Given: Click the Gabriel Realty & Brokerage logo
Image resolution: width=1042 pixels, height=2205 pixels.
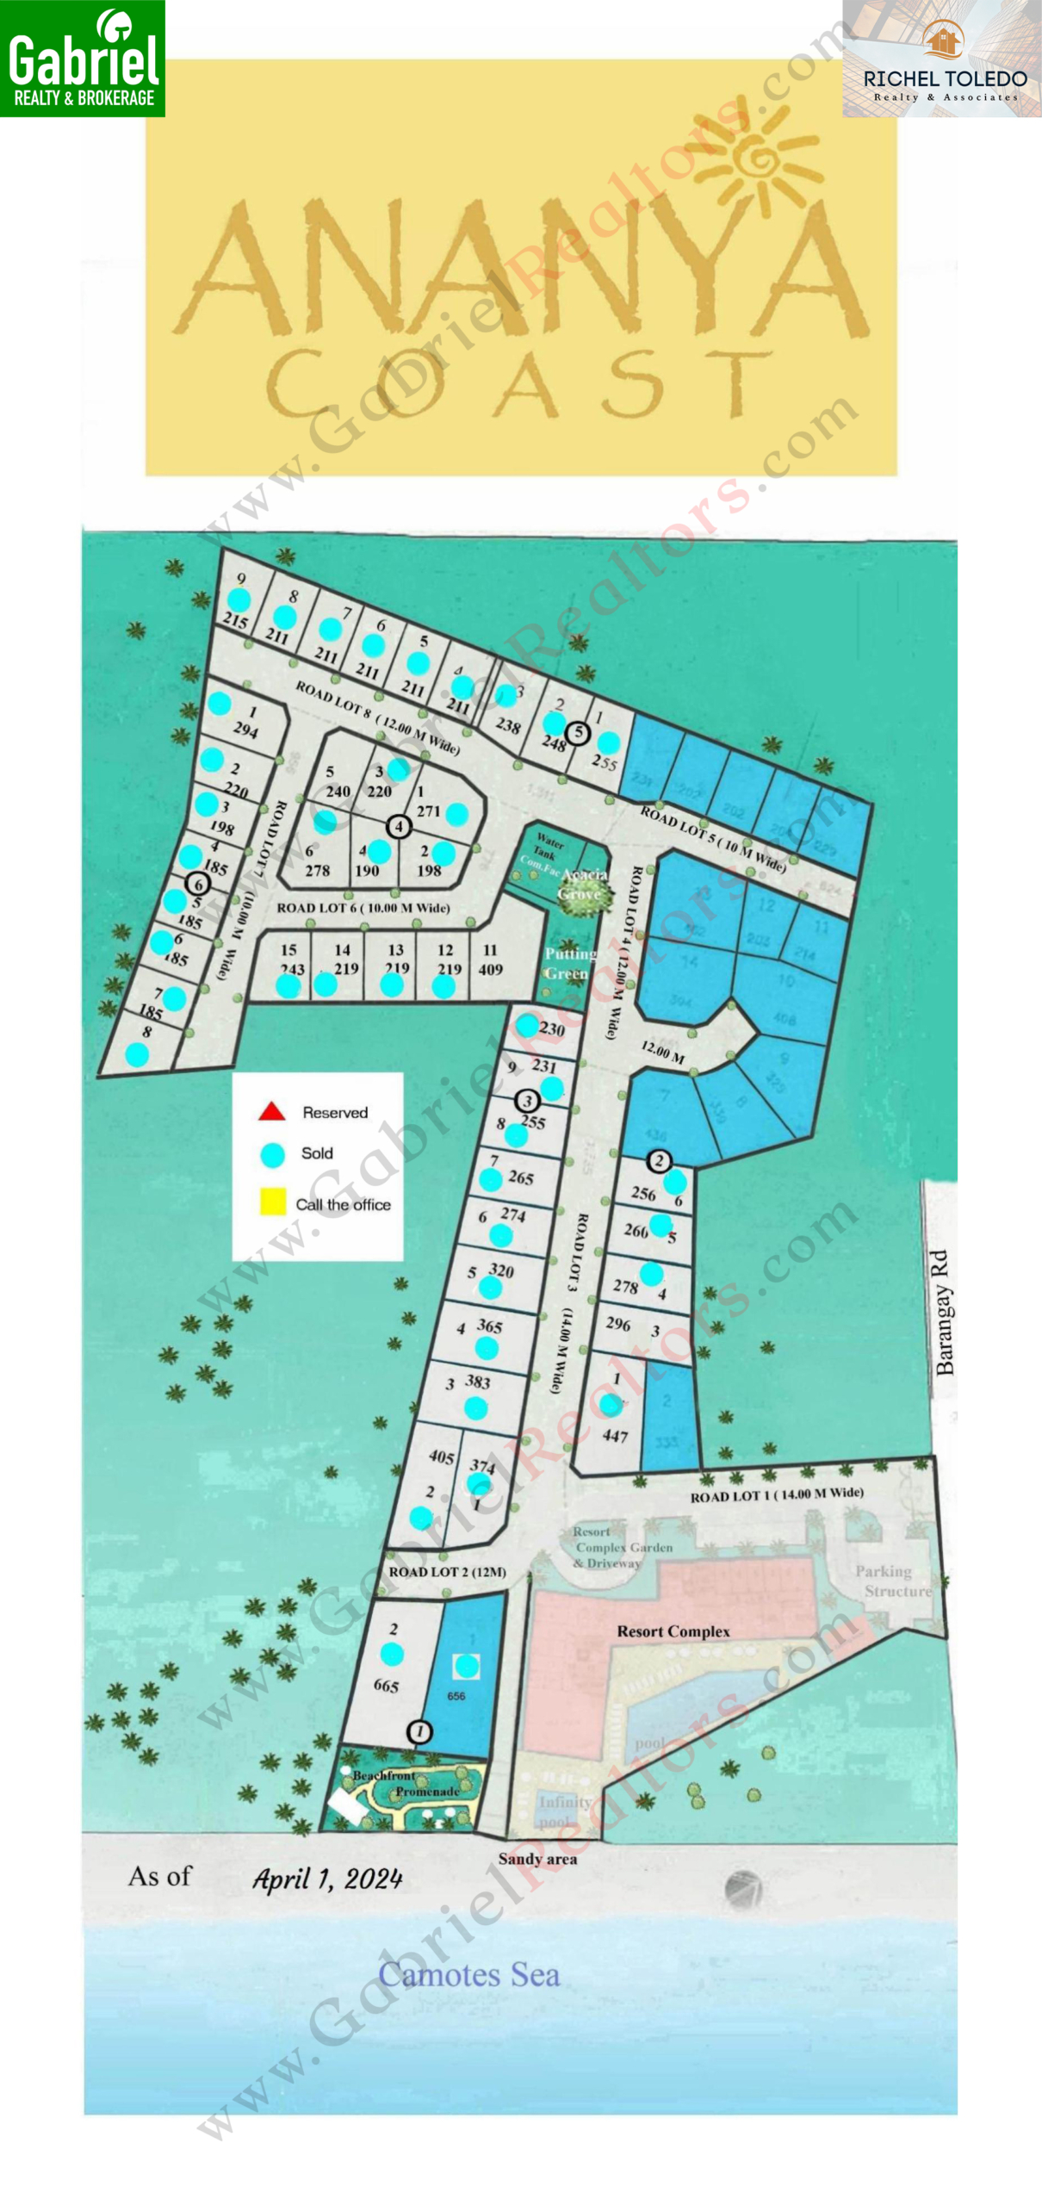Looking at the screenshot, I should click(x=83, y=58).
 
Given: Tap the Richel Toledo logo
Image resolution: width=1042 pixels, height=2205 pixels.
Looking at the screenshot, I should click(x=942, y=59).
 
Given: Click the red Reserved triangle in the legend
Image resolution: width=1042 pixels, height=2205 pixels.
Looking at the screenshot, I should click(x=272, y=1111).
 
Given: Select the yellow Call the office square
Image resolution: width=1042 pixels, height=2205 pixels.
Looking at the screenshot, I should click(x=273, y=1202).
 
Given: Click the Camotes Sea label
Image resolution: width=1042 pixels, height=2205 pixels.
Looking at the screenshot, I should click(x=468, y=1973).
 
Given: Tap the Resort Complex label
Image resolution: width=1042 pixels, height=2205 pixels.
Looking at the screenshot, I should click(x=673, y=1631).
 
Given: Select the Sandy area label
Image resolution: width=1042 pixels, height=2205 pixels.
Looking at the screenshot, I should click(x=537, y=1859).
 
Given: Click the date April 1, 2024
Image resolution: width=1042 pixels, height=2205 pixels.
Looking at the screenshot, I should click(x=327, y=1879).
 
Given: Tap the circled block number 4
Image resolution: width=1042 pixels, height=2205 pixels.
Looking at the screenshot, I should click(x=398, y=827).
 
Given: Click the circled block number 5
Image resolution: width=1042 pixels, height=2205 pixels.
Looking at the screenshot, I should click(x=579, y=733).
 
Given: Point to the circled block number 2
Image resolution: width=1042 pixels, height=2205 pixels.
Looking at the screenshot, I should click(x=659, y=1160).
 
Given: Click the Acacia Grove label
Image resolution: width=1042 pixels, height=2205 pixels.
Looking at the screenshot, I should click(x=584, y=884).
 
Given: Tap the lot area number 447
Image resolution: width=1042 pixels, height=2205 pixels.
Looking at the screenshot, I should click(x=615, y=1436).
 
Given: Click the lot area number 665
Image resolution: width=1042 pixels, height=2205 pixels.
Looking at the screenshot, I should click(x=386, y=1685).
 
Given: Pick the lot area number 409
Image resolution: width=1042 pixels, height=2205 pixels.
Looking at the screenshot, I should click(x=490, y=969).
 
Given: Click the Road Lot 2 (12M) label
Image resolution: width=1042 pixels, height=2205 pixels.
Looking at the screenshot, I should click(x=447, y=1571).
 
